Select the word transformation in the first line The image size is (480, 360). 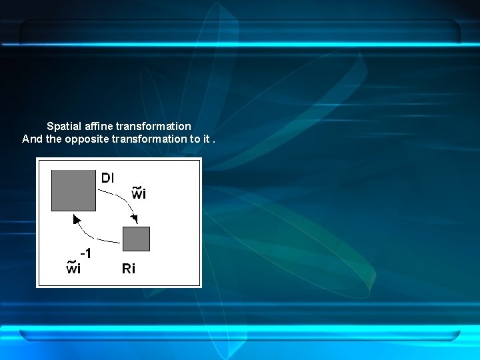point(153,126)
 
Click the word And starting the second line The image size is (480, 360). point(32,139)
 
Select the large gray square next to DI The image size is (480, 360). point(73,190)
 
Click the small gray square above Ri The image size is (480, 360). point(136,239)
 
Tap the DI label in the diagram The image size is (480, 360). point(107,178)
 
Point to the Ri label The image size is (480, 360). point(128,269)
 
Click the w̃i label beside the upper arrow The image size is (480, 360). point(139,195)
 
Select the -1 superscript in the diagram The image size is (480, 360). point(85,254)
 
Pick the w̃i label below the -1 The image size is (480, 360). point(73,269)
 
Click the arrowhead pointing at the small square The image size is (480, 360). point(135,219)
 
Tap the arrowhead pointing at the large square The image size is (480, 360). point(77,219)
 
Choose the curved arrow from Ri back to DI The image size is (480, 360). point(93,235)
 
